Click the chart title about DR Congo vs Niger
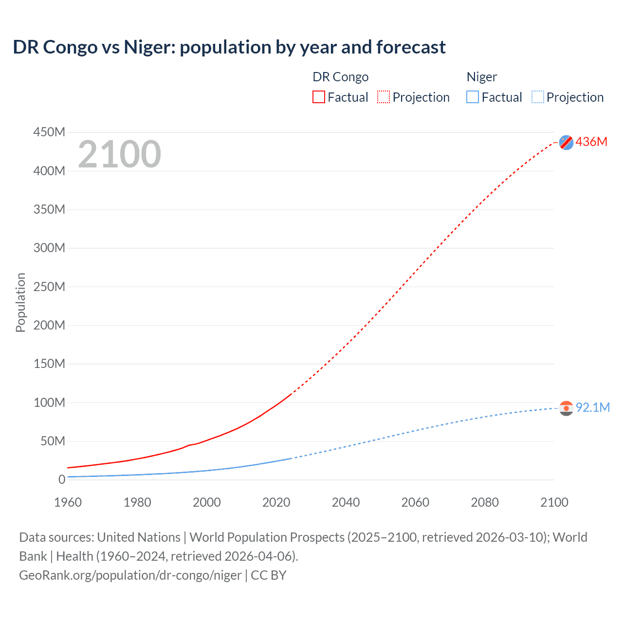coord(229,47)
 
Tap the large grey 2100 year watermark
coord(119,154)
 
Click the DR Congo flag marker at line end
coord(566,142)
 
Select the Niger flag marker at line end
coord(566,408)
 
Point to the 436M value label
coord(591,142)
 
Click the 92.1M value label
coord(592,407)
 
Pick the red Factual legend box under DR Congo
coord(319,97)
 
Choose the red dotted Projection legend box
coord(384,97)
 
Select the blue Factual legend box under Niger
coord(473,97)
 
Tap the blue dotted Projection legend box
coord(538,97)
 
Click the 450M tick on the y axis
coord(49,132)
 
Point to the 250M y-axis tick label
coord(49,287)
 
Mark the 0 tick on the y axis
coord(62,479)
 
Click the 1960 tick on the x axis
coord(68,502)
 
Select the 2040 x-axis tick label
coord(346,502)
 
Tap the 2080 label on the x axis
coord(485,502)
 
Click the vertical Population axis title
coord(20,302)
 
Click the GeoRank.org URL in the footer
coord(130,575)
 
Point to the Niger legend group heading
coord(482,77)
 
